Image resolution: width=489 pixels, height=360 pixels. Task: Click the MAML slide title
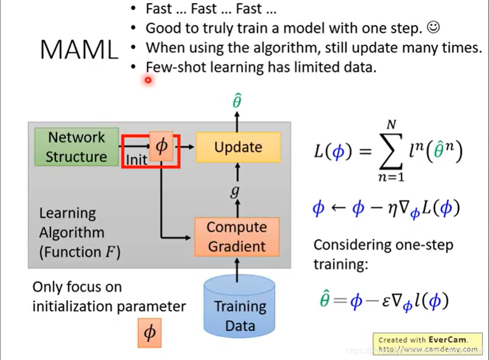pos(79,49)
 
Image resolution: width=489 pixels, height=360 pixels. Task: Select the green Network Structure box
pos(76,147)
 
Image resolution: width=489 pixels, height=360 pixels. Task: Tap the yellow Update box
pos(238,147)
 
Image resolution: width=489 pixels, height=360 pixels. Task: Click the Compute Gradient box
pos(237,237)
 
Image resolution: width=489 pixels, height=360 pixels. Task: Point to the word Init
pos(137,160)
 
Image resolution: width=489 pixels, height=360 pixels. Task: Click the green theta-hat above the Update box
pos(237,101)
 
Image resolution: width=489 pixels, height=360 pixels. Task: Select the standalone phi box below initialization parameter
pos(150,333)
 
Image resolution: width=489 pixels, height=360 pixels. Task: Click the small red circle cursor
pos(148,80)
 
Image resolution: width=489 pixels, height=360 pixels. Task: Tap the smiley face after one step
pos(433,28)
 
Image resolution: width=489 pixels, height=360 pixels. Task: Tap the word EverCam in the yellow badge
pos(447,340)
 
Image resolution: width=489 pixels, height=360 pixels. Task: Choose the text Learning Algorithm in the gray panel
pos(72,223)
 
